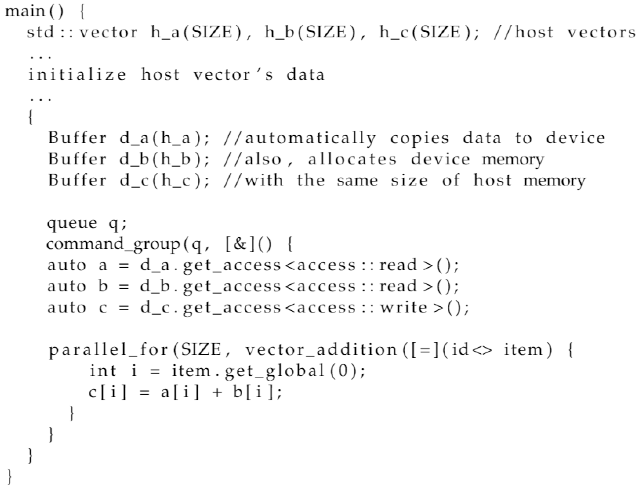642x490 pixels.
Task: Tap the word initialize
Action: pyautogui.click(x=77, y=75)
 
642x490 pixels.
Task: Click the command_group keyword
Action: pyautogui.click(x=113, y=244)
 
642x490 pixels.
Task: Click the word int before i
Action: pyautogui.click(x=103, y=371)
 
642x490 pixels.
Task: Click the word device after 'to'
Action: pyautogui.click(x=575, y=139)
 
